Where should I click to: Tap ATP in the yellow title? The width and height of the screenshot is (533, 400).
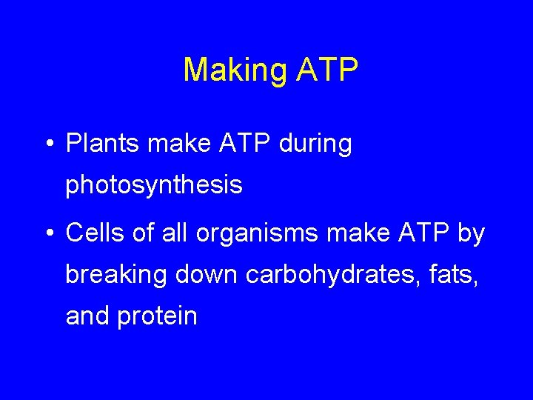point(327,70)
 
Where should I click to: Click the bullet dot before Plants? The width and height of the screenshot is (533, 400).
point(49,144)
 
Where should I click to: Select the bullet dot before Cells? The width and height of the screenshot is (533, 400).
point(49,234)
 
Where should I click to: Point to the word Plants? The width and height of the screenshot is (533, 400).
point(103,144)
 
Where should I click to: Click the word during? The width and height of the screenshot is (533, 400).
point(315,144)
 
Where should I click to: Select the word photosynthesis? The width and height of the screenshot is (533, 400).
point(154,185)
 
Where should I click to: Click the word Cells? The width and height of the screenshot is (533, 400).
point(97,233)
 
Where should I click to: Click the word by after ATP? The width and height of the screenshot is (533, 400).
point(471,234)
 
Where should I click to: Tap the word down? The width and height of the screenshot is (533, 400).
point(207,275)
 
